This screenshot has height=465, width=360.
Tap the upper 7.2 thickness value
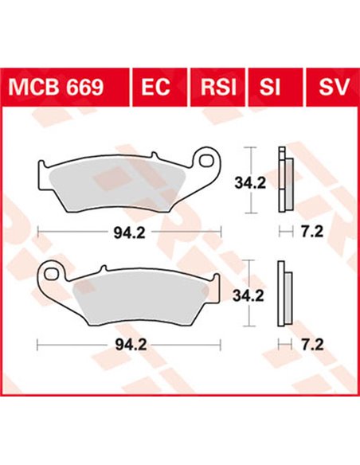click(311, 233)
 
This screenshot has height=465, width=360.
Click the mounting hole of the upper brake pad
click(209, 158)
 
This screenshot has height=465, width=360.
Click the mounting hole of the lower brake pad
click(53, 273)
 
